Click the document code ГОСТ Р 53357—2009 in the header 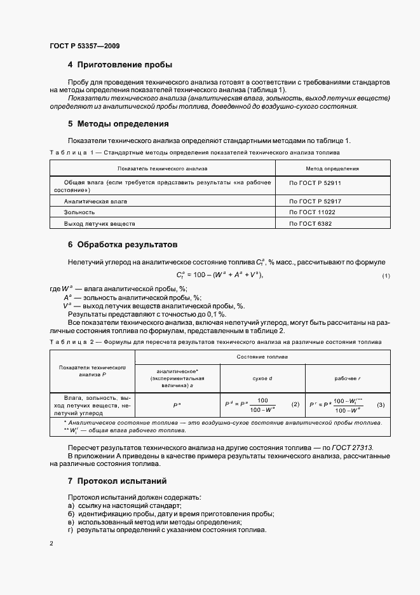click(x=85, y=46)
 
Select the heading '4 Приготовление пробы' click(x=120, y=65)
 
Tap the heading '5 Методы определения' click(x=118, y=124)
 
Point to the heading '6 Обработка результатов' click(x=122, y=245)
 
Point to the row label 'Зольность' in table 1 click(x=79, y=212)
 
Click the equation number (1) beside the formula click(x=386, y=275)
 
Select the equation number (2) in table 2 click(x=295, y=405)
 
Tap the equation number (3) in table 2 click(x=381, y=405)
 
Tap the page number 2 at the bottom click(x=51, y=544)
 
